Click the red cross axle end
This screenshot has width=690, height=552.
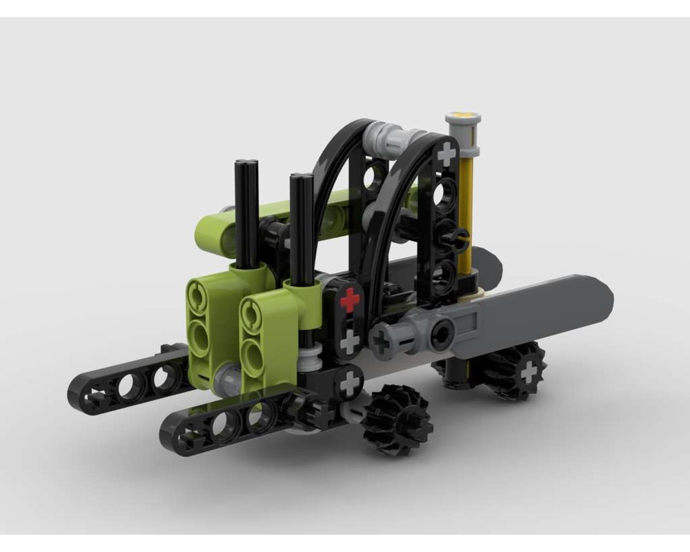point(351,300)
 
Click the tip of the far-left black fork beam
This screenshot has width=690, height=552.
point(83,397)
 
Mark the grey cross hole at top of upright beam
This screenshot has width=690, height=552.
point(447,153)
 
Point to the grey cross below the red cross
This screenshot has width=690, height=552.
point(351,340)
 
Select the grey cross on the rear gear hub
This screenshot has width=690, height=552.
point(529,372)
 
